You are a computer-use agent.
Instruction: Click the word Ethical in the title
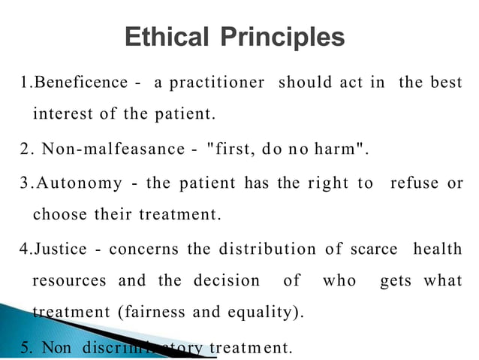click(167, 37)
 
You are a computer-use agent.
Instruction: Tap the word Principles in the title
click(283, 37)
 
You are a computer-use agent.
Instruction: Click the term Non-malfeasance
click(113, 148)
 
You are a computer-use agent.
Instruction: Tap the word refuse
click(417, 182)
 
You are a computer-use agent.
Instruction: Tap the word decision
click(226, 281)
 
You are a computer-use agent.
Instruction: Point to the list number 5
click(24, 347)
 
